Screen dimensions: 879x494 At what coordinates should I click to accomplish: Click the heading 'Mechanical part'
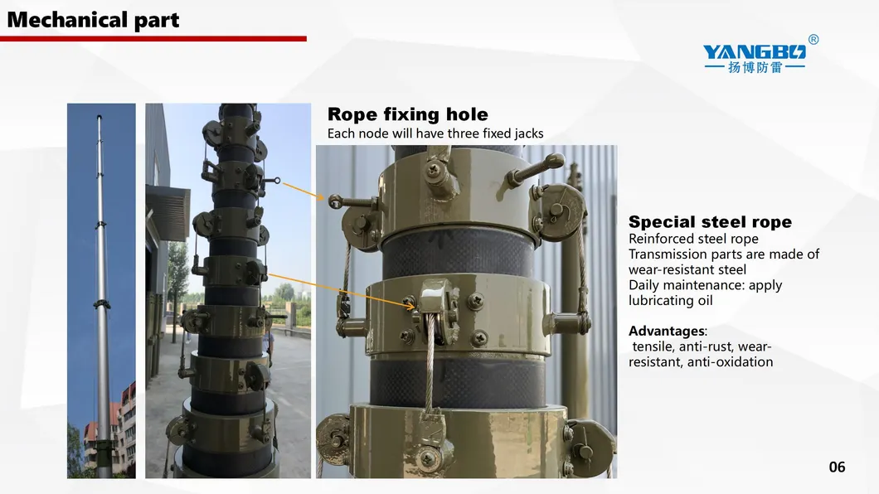(93, 20)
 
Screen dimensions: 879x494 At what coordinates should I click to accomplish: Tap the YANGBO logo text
(754, 52)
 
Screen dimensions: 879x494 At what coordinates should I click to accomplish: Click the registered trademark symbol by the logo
(813, 39)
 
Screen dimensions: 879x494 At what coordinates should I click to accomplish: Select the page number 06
(837, 467)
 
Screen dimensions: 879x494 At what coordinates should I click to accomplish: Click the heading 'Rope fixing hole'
(407, 114)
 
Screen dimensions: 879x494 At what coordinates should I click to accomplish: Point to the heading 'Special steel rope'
(710, 222)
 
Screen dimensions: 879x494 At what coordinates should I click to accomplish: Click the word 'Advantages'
(667, 331)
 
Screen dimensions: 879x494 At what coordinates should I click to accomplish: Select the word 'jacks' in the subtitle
(528, 134)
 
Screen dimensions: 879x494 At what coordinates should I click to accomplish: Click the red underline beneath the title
(153, 39)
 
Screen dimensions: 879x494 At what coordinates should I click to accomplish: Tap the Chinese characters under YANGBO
(755, 67)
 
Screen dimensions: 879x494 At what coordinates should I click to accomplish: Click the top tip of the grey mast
(100, 116)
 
